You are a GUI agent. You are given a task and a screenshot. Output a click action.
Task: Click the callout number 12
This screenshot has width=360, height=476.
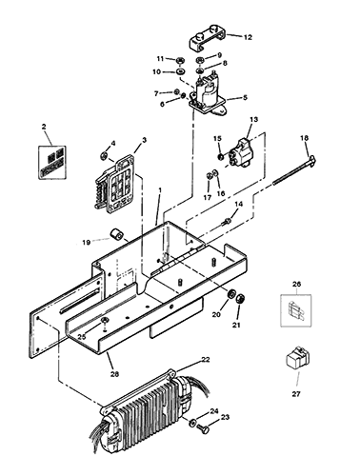tap(248, 37)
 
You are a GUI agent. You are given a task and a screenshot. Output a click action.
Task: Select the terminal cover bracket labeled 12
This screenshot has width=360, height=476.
tap(208, 39)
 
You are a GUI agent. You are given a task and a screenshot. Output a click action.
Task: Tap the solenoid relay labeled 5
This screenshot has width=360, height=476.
tap(208, 94)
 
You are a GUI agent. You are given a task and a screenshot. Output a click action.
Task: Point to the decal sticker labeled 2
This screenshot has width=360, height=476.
tap(52, 162)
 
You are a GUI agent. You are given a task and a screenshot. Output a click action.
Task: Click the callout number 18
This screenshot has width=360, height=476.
tap(304, 138)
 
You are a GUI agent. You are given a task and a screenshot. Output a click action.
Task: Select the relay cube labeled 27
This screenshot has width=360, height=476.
tap(297, 357)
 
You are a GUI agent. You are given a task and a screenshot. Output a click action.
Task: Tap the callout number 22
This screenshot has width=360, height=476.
tap(206, 360)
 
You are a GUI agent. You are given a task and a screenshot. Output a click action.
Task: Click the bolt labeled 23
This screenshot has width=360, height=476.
tap(204, 428)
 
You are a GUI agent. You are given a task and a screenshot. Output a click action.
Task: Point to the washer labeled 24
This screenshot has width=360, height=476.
tap(192, 423)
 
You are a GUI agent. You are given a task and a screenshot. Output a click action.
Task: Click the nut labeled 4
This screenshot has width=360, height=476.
tap(104, 156)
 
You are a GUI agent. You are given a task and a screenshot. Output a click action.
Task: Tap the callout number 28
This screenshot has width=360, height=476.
tap(114, 374)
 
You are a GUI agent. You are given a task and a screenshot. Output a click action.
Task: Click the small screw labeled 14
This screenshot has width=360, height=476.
tap(226, 221)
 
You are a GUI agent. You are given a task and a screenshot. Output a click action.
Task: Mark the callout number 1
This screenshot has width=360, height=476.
tap(160, 190)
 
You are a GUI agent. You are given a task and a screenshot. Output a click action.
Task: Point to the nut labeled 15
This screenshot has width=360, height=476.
tap(220, 156)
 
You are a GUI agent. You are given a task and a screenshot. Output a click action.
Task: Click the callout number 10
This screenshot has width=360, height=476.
tap(157, 72)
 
